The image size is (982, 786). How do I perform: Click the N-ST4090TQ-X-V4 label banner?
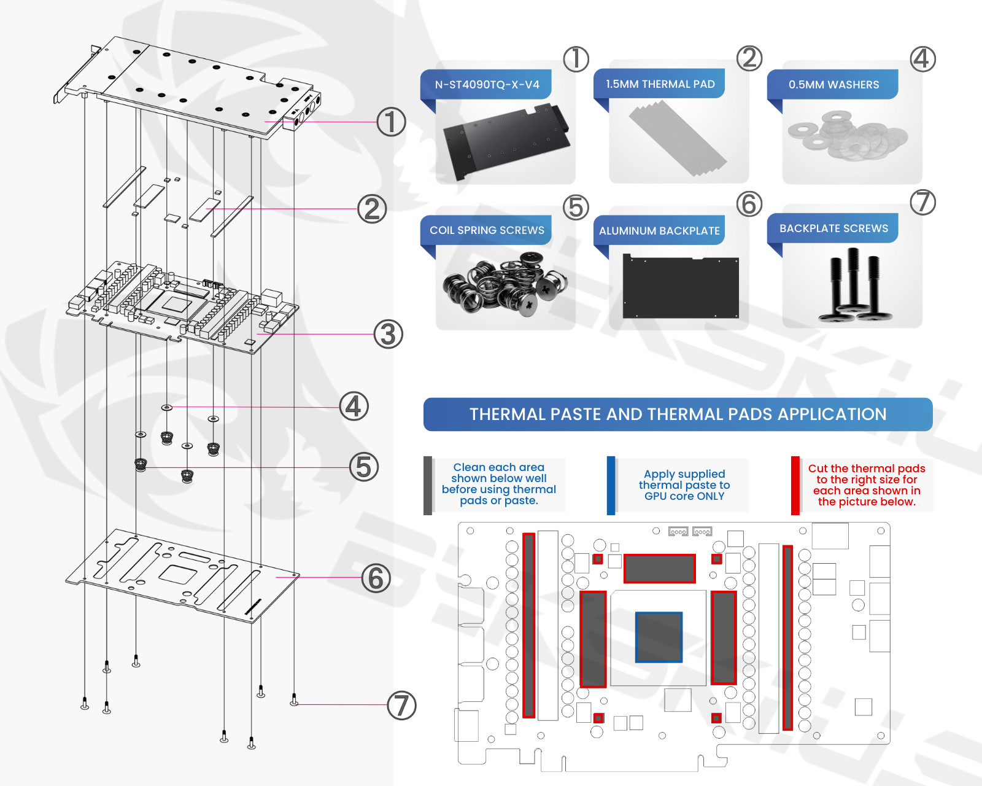coord(487,85)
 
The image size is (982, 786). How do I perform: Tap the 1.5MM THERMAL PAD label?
coord(660,84)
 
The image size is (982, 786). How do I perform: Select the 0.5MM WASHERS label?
coord(833,85)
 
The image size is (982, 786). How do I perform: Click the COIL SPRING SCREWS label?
coord(487,230)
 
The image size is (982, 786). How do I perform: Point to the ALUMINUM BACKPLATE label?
coord(660,230)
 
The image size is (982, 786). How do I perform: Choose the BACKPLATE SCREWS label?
coord(833,228)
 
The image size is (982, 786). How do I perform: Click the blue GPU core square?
coord(659,637)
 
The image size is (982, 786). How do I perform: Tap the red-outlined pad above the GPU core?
coord(659,569)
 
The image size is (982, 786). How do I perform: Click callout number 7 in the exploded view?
coord(401,705)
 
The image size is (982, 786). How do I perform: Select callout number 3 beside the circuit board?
coord(389,334)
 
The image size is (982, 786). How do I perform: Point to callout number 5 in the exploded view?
coord(364,467)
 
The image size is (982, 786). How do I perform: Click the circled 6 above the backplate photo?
coord(749,204)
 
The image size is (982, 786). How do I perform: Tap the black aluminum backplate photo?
coord(681,286)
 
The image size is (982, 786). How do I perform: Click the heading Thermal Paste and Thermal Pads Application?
coord(678,414)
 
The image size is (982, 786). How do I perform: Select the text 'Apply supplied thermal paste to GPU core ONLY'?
coord(684,485)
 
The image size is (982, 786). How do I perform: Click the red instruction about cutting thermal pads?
coord(867,485)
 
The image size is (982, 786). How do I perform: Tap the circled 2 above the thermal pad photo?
coord(749,58)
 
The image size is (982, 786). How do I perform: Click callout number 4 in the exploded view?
coord(354,407)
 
